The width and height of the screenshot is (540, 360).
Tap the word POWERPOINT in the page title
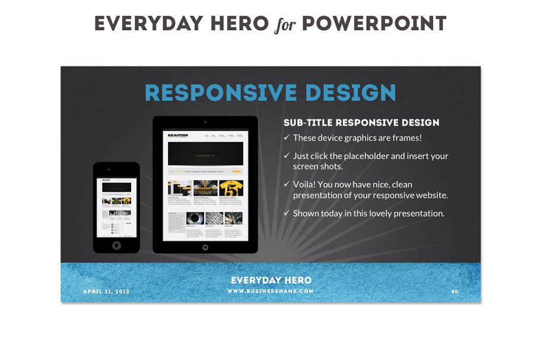pos(374,24)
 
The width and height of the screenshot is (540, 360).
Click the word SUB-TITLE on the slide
pos(307,123)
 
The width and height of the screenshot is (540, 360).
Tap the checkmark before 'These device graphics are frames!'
pos(287,138)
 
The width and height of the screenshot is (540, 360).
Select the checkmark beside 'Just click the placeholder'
pos(287,156)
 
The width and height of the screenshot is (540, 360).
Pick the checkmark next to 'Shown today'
pos(287,213)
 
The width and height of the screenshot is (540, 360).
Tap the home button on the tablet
pos(205,247)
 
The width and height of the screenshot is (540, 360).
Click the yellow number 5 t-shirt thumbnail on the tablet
pos(231,189)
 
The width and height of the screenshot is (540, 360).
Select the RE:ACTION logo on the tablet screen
pos(178,135)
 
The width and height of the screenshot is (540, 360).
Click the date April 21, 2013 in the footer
pos(106,292)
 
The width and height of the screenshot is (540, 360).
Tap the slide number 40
pos(455,292)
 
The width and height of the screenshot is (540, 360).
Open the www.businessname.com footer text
pos(271,291)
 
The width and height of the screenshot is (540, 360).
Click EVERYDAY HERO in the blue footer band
pos(271,280)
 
